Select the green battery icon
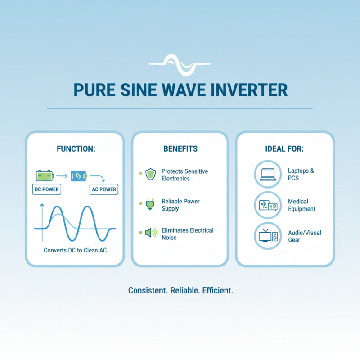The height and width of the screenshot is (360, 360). coord(45,175)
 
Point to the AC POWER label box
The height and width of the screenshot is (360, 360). coord(104,189)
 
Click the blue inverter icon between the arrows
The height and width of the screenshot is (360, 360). coord(78,175)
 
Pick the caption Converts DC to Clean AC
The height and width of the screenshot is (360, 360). coord(75,250)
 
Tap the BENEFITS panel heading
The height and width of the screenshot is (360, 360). coord(179,148)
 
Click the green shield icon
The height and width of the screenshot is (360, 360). coord(150,175)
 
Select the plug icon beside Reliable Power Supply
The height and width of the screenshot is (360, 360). coord(150,205)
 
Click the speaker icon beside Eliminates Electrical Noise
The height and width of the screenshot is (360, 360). coord(150,233)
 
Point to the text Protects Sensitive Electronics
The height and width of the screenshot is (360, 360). coord(184,175)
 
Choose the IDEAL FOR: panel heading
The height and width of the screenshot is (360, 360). coord(285,148)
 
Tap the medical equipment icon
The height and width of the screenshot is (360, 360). coord(268,205)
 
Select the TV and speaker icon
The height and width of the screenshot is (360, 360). coord(268,236)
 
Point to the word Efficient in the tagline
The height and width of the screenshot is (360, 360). coord(217,290)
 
